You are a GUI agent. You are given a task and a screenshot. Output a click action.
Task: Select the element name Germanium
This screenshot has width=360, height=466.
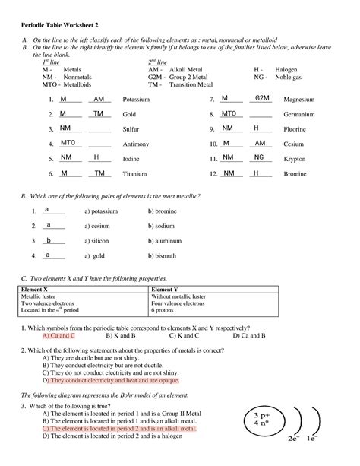point(298,114)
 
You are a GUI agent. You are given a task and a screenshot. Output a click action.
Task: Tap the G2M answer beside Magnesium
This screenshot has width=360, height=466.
point(262,99)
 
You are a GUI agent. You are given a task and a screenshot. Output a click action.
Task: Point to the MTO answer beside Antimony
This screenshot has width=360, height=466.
point(68,143)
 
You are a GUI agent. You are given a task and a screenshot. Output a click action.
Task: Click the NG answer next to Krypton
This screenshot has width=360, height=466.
point(259,157)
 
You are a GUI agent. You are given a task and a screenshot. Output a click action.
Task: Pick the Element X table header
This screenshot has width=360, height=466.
point(36,290)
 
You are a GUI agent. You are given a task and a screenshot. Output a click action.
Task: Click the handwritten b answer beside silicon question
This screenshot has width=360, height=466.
point(49,240)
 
